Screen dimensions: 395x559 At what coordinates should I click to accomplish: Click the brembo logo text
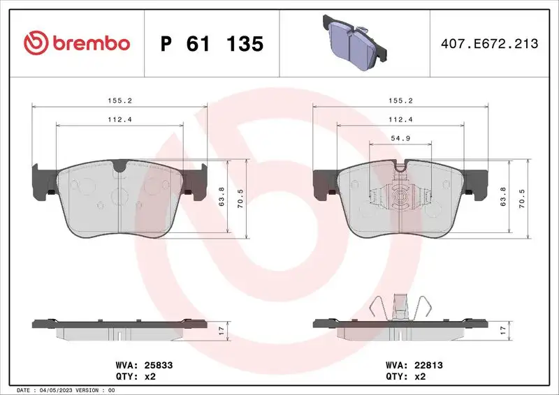[88, 43]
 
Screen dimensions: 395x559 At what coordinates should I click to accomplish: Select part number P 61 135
[212, 44]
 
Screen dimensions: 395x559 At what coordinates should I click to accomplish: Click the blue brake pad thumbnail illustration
[349, 41]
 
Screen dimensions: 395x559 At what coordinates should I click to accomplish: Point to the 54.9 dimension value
[399, 139]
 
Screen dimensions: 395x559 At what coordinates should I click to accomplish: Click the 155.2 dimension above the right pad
[399, 100]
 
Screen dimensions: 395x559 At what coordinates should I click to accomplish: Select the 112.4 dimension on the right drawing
[399, 119]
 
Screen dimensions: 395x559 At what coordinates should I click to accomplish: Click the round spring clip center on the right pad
[400, 197]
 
